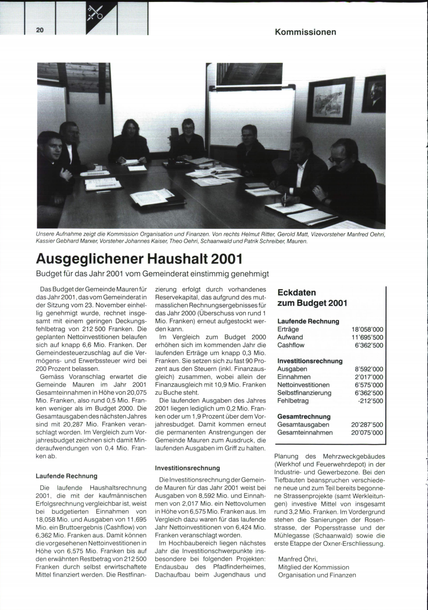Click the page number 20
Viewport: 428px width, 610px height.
[40, 30]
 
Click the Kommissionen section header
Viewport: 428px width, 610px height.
[305, 32]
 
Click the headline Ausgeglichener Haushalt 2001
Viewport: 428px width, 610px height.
[139, 259]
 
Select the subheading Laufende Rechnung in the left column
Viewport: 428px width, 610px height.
[67, 476]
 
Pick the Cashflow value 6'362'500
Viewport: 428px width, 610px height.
[369, 345]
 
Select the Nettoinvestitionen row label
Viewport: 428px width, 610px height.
[304, 385]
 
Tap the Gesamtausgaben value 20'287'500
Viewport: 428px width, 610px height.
[367, 425]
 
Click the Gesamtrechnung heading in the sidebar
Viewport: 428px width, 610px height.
[304, 417]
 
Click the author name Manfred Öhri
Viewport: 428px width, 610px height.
[297, 559]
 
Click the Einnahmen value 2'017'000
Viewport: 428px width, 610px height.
[369, 377]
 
